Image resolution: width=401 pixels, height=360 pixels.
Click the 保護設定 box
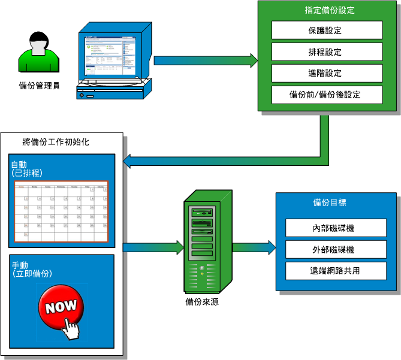(327, 30)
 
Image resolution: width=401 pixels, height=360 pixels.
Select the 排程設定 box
(327, 52)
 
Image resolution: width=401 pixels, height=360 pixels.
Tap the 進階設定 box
(327, 73)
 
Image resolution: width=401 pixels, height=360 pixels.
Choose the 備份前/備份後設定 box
(327, 95)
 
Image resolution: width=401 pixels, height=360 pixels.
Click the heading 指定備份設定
(329, 10)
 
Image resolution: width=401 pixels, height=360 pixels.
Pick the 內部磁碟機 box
(336, 228)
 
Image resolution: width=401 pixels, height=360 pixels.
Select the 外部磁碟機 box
(336, 249)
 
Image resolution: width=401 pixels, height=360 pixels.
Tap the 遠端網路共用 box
(336, 271)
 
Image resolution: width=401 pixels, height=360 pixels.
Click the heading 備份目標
(329, 202)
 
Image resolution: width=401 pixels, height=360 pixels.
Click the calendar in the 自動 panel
(61, 211)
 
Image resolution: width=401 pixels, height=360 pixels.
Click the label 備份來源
(202, 302)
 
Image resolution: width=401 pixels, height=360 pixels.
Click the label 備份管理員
(39, 86)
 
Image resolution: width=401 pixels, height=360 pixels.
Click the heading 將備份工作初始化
(61, 142)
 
